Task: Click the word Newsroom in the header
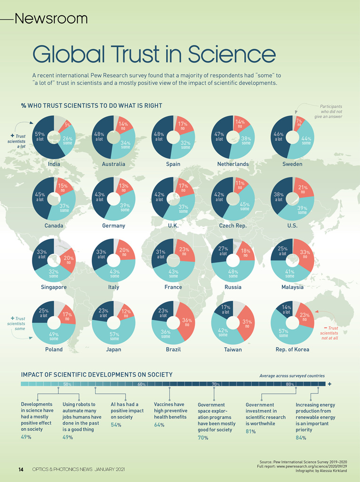(x=51, y=19)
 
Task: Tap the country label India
(x=54, y=164)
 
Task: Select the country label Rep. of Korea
(x=292, y=349)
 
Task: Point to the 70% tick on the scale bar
(x=216, y=384)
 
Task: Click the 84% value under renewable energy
(x=301, y=438)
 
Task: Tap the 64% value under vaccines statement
(x=159, y=425)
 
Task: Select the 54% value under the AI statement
(x=116, y=425)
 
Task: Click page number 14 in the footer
(x=21, y=469)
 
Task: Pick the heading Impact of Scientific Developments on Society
(x=96, y=375)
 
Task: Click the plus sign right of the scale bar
(x=329, y=384)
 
